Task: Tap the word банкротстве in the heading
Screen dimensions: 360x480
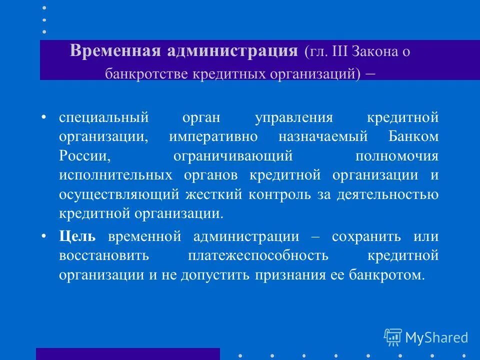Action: coord(144,74)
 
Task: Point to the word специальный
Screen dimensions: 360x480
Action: coord(104,118)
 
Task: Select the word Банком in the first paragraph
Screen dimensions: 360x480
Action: coord(413,137)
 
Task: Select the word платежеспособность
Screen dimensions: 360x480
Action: coord(258,255)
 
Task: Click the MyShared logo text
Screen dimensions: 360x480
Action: coord(436,337)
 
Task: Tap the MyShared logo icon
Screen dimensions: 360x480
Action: coord(392,337)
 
